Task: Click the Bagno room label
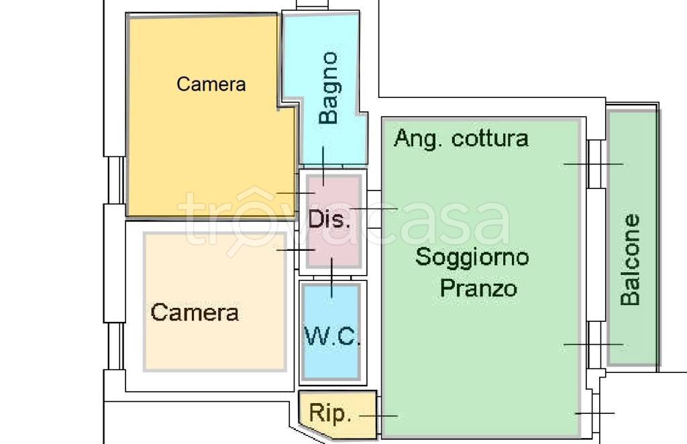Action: click(329, 88)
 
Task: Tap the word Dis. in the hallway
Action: click(329, 219)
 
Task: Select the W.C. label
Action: click(331, 336)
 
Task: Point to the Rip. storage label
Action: click(330, 412)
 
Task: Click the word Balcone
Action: click(631, 260)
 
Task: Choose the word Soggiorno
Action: click(472, 257)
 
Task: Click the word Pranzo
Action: click(478, 288)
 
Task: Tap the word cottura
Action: click(490, 139)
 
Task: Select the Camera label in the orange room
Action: click(211, 84)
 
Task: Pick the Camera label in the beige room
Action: click(195, 312)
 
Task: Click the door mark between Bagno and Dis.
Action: click(323, 166)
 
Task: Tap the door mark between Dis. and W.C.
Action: click(331, 278)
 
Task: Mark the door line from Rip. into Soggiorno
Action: click(378, 416)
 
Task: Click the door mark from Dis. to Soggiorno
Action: click(373, 209)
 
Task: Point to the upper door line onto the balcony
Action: click(593, 164)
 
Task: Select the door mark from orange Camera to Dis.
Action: click(296, 193)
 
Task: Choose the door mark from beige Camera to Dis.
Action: click(296, 250)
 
